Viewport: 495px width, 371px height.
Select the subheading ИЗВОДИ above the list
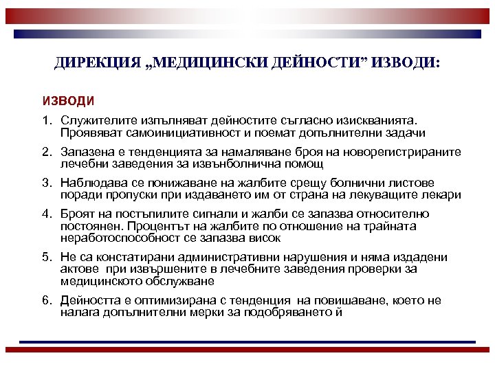(x=68, y=101)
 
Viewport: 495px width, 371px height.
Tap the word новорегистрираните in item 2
(x=408, y=153)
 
